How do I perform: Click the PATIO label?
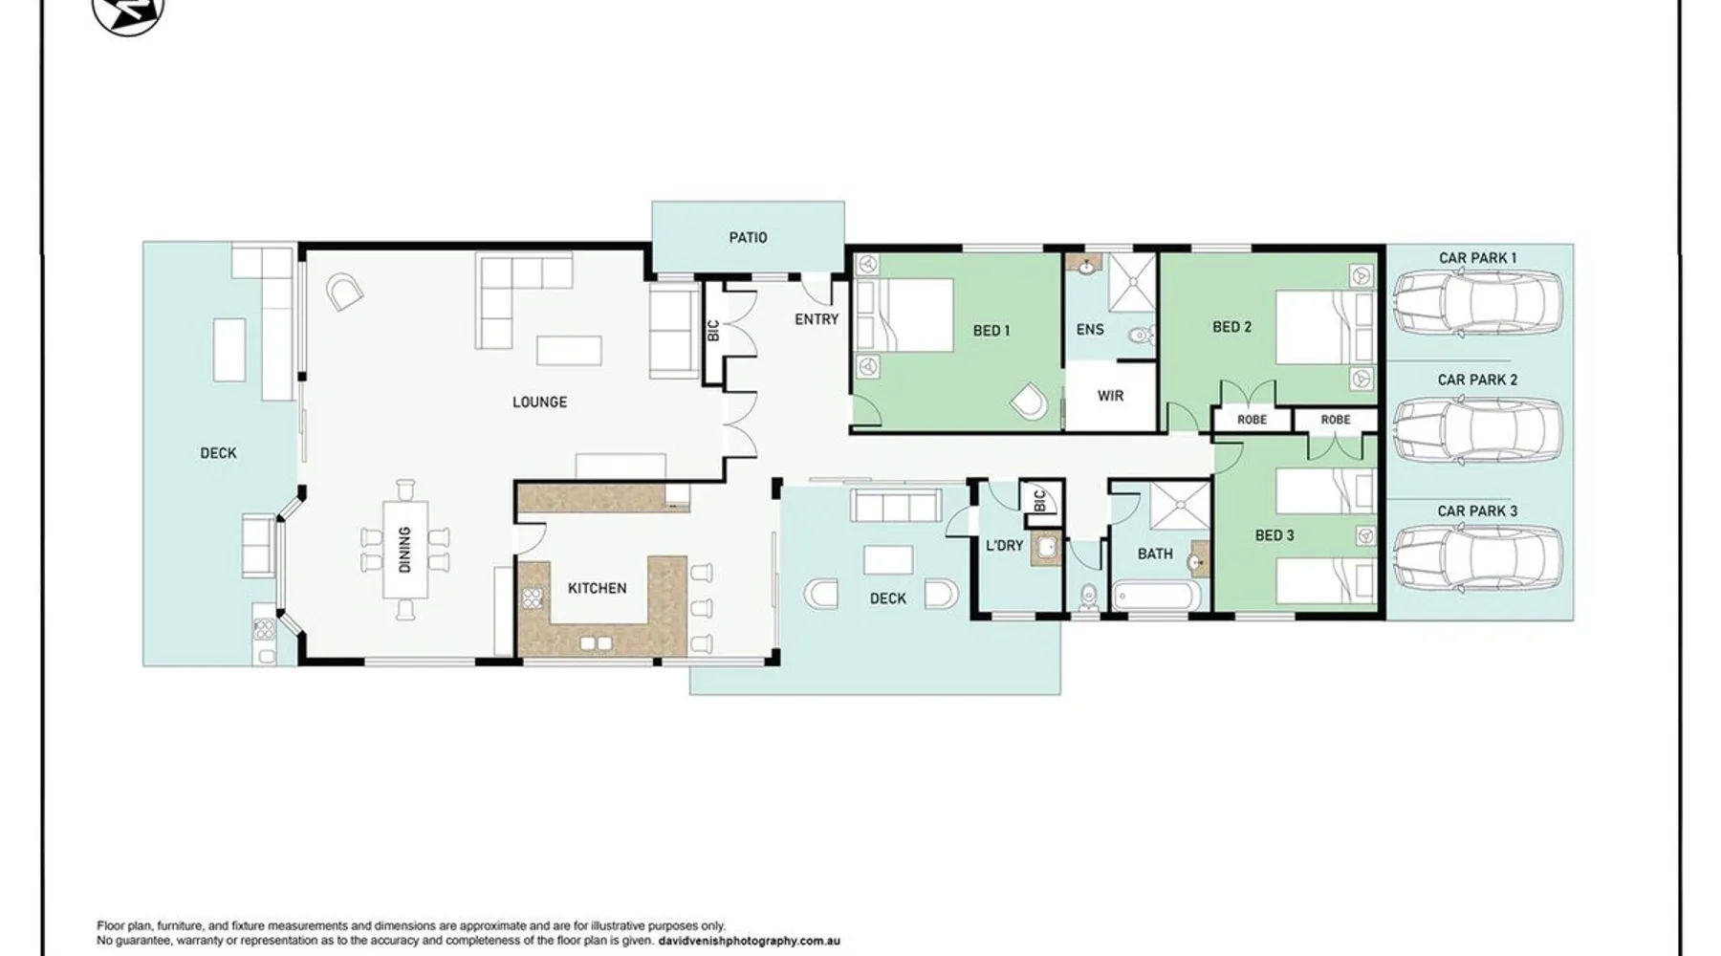click(x=748, y=237)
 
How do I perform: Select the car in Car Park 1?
click(x=1477, y=304)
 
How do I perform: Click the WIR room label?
click(x=1110, y=395)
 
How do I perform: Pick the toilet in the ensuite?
click(x=1139, y=336)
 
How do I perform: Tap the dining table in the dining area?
click(x=405, y=550)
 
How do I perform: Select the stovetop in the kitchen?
click(x=531, y=598)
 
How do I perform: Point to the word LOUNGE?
click(x=539, y=402)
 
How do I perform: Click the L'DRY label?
click(x=1004, y=545)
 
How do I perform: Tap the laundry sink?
click(x=1047, y=549)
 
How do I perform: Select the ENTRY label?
click(x=817, y=319)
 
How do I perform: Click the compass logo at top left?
click(x=128, y=11)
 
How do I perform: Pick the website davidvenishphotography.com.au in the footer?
click(x=750, y=941)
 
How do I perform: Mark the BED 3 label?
click(x=1274, y=535)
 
